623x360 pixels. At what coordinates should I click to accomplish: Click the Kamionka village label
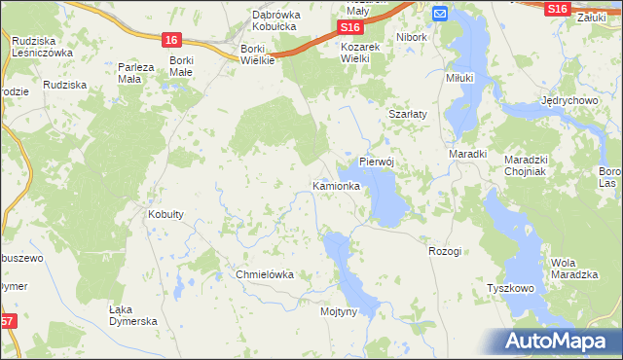click(337, 185)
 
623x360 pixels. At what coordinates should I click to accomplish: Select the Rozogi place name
click(444, 251)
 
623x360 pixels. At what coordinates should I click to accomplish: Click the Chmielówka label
click(265, 274)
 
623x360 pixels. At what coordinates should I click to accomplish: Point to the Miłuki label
click(458, 78)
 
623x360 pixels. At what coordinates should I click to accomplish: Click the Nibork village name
click(413, 37)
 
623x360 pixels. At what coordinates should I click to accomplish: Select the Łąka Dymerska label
click(132, 315)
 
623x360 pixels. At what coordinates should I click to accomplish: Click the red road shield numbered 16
click(171, 40)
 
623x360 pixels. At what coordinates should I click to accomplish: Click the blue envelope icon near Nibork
click(439, 14)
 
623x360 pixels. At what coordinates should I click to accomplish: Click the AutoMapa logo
click(555, 342)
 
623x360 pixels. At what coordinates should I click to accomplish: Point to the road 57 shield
click(7, 322)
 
